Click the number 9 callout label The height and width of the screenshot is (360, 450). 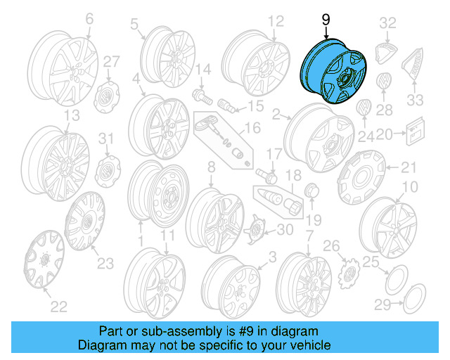click(x=326, y=21)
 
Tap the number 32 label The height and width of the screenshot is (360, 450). click(x=387, y=23)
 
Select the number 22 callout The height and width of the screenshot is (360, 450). click(x=58, y=306)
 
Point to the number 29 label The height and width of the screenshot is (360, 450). click(x=382, y=304)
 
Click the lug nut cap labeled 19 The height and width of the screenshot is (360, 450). click(x=311, y=190)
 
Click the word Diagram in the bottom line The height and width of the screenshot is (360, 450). click(x=98, y=345)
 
